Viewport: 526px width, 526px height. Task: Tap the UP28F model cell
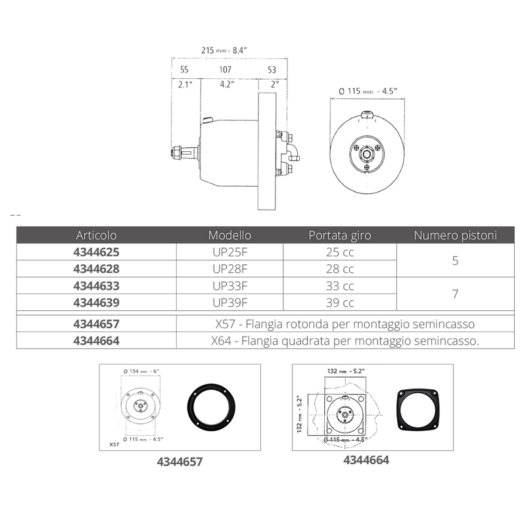pos(229,268)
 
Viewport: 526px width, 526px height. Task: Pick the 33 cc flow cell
pos(340,286)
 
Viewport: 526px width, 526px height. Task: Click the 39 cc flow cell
pos(340,303)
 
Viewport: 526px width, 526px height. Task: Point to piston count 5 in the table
pos(455,260)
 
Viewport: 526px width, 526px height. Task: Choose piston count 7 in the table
pos(455,295)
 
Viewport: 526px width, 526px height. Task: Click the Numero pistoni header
pos(455,235)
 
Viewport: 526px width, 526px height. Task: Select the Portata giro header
pos(340,235)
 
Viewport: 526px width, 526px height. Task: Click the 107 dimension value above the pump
pos(226,69)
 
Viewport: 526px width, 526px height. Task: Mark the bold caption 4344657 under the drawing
pos(179,462)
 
